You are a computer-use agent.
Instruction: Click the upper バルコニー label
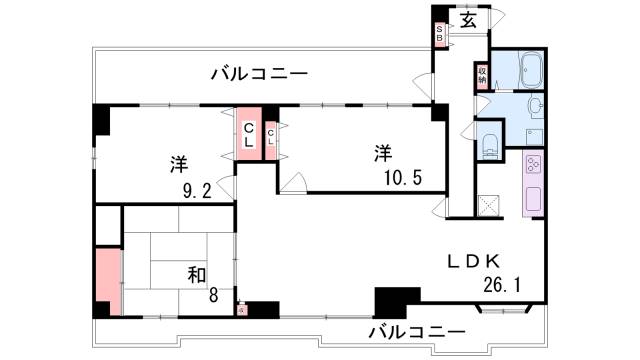pyautogui.click(x=259, y=73)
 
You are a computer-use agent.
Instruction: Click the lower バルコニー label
pyautogui.click(x=416, y=331)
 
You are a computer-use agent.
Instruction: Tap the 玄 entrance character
pyautogui.click(x=468, y=20)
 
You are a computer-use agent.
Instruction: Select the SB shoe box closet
pyautogui.click(x=438, y=35)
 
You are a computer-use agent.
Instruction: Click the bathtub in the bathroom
pyautogui.click(x=520, y=70)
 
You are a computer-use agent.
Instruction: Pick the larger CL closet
pyautogui.click(x=248, y=133)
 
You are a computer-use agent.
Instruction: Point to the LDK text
pyautogui.click(x=476, y=261)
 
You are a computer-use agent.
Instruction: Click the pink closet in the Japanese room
pyautogui.click(x=107, y=280)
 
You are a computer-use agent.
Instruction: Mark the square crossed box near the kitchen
pyautogui.click(x=490, y=205)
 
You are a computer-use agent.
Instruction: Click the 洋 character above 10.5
pyautogui.click(x=382, y=153)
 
